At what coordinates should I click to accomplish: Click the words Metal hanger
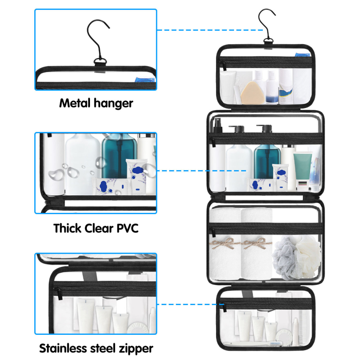pyautogui.click(x=96, y=103)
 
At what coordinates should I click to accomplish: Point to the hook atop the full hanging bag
pyautogui.click(x=267, y=22)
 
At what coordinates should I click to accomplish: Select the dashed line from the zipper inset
pyautogui.click(x=187, y=305)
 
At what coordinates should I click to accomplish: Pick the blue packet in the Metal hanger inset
pyautogui.click(x=144, y=81)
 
